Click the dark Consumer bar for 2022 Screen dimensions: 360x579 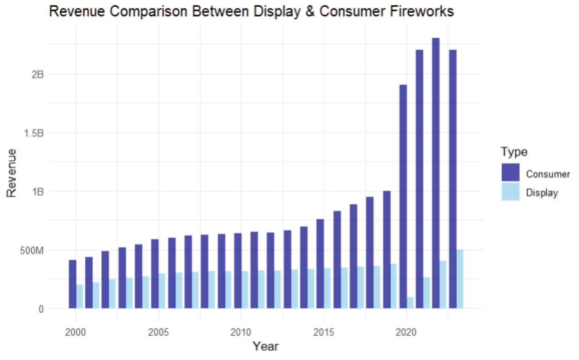[435, 173]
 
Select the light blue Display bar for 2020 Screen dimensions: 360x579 [410, 303]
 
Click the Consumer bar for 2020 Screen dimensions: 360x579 [403, 196]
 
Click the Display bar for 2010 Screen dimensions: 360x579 [245, 290]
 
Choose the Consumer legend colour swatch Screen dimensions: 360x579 [510, 173]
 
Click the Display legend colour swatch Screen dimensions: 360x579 [510, 192]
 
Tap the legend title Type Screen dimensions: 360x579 [514, 152]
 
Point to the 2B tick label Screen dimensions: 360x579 [37, 74]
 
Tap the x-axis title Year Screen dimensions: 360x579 [265, 346]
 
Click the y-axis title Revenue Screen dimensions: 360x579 [12, 173]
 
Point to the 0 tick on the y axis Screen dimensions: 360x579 [41, 309]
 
